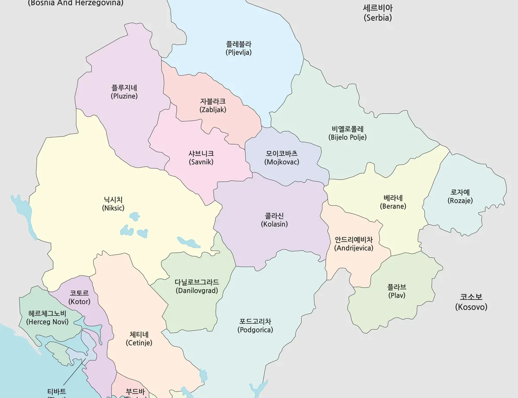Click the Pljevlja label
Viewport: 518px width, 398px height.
238,48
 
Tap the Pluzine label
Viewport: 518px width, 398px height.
124,92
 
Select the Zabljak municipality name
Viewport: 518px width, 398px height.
212,105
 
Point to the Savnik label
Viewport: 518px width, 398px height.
201,158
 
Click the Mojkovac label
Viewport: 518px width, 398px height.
281,158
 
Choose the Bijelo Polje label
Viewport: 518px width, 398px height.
347,133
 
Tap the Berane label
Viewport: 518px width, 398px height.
393,202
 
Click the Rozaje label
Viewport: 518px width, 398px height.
460,196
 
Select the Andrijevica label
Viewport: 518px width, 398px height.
354,243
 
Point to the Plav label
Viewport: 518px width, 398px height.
396,291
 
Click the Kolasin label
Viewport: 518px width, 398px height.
274,220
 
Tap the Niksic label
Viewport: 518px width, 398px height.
113,204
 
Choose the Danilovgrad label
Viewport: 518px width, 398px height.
196,286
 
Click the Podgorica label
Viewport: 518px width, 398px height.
255,325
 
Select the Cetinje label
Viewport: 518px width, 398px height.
139,338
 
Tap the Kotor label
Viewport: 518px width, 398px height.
79,297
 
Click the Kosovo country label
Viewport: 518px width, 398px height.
471,302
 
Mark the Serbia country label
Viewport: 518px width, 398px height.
377,13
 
